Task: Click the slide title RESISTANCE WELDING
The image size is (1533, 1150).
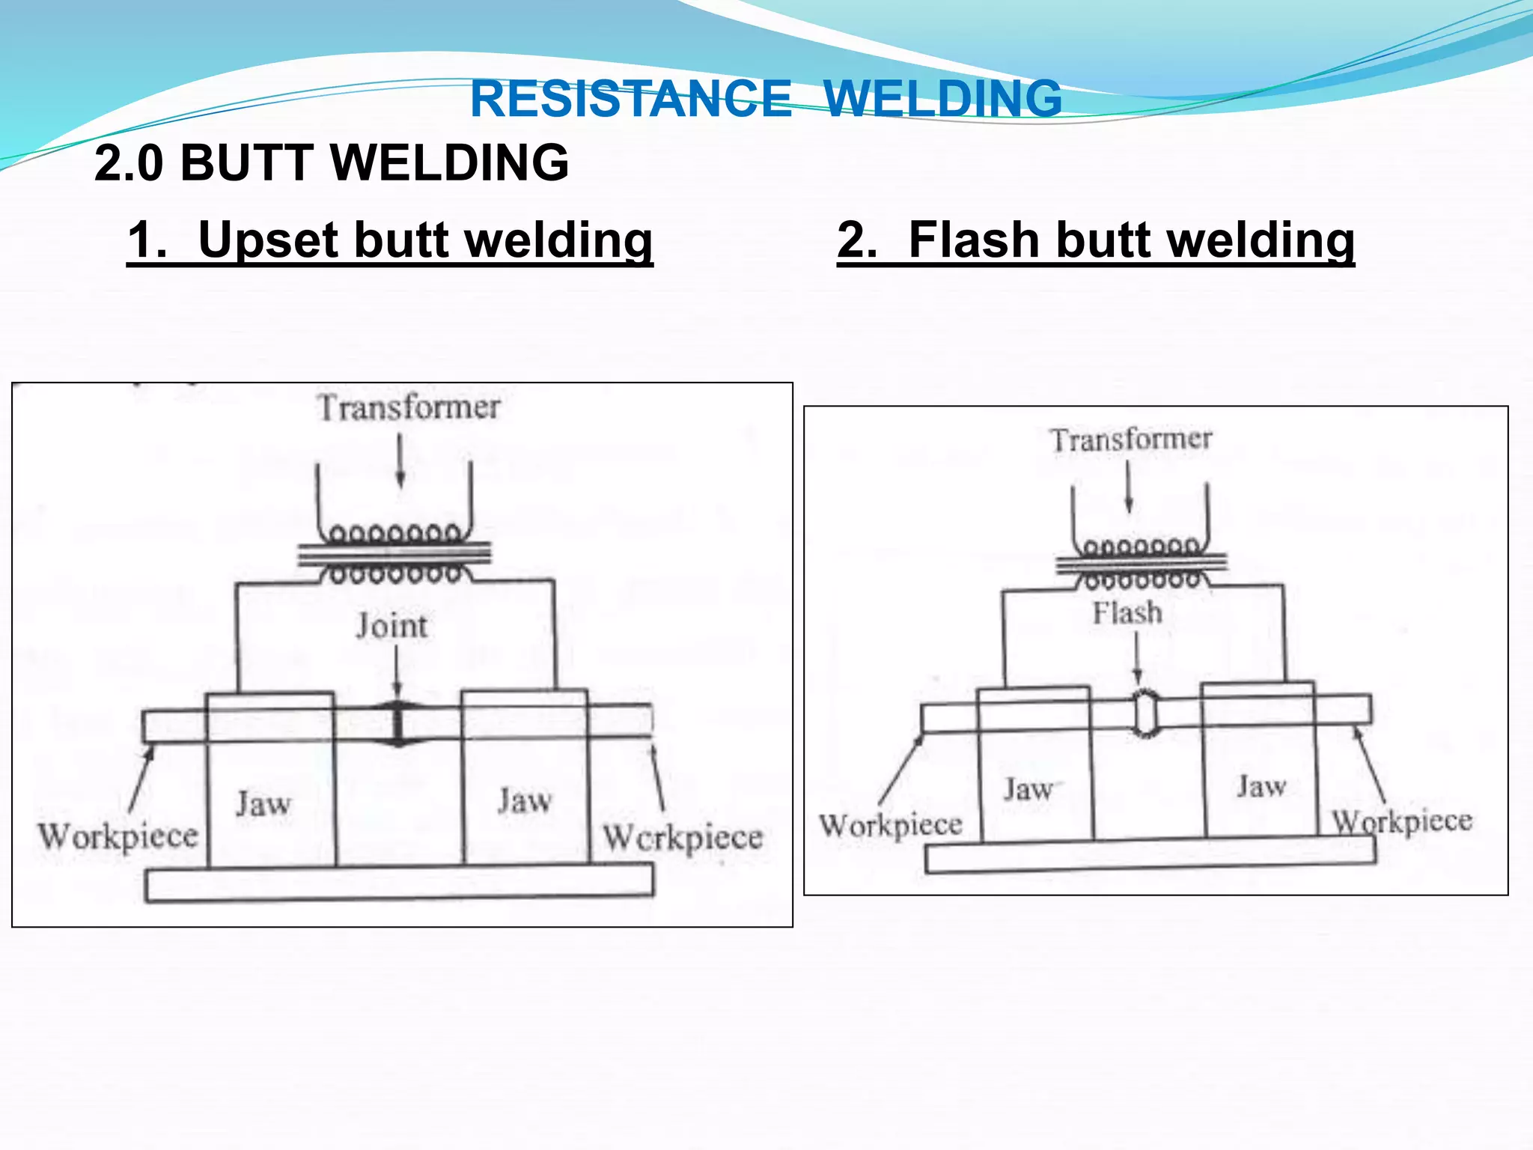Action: coord(765,99)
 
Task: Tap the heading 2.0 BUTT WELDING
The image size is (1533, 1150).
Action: coord(332,162)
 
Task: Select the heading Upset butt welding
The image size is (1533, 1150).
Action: coord(390,240)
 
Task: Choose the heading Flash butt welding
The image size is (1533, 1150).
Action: coord(1096,240)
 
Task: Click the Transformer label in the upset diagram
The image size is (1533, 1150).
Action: coord(408,408)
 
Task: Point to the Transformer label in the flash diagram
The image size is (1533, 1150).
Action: coord(1130,439)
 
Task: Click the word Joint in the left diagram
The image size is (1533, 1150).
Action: coord(391,626)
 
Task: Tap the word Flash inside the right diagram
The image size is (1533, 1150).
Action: coord(1127,613)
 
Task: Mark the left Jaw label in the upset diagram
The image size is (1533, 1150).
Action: coord(263,803)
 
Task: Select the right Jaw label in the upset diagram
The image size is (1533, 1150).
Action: coord(525,801)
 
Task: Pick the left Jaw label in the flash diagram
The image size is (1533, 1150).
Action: coord(1029,789)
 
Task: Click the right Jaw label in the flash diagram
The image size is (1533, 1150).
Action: coord(1261,786)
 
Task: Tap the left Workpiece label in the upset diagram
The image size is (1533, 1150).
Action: coord(118,836)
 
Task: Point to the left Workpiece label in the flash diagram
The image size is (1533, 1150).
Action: coord(891,826)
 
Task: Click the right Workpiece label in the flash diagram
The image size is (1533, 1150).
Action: coord(1401,822)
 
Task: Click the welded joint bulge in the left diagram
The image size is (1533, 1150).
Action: coord(397,723)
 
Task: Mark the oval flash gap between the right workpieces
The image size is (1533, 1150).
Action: coord(1145,714)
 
